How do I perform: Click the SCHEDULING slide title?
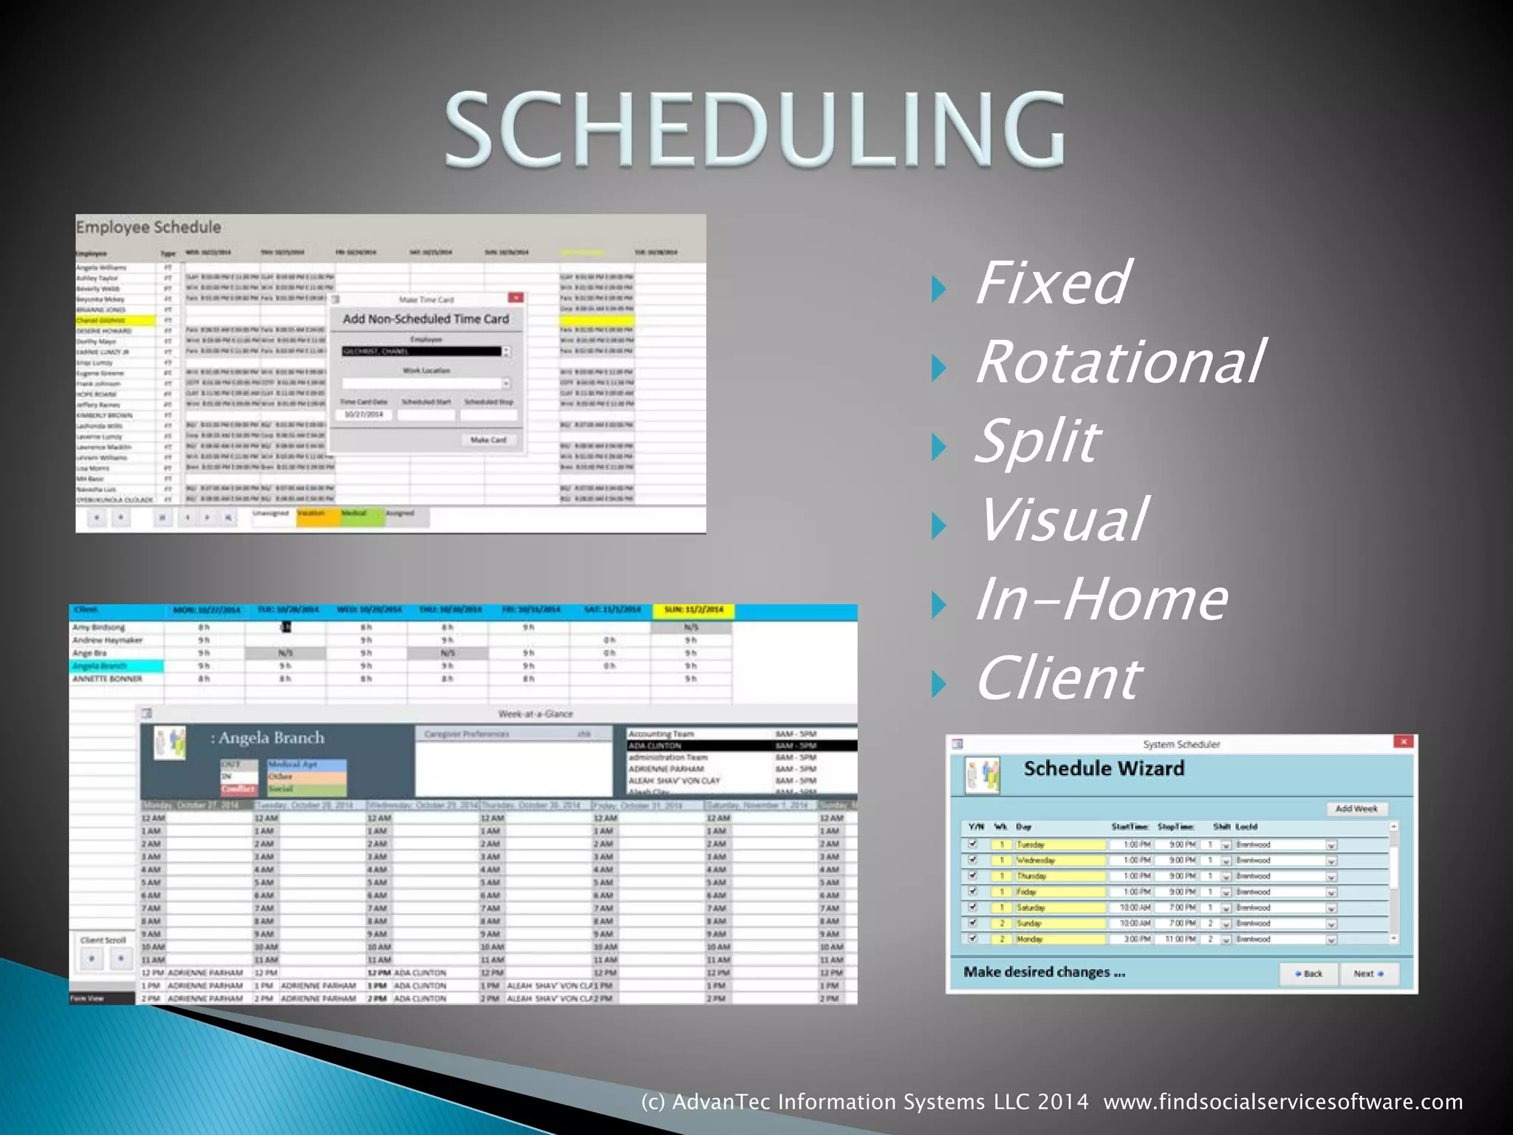pos(755,129)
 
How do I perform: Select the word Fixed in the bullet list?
pos(1051,283)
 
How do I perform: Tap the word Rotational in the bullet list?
pos(1119,362)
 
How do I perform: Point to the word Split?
pos(1037,441)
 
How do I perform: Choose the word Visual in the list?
pos(1062,520)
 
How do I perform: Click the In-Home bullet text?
pos(1101,599)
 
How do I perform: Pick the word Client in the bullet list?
pos(1058,678)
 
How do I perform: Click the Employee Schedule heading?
pos(148,227)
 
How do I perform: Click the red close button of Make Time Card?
pos(516,298)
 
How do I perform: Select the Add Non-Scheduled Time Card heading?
pos(426,319)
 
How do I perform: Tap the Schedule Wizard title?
pos(1104,769)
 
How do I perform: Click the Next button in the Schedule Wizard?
pos(1367,974)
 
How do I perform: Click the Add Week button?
pos(1356,809)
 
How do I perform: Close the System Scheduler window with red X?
pos(1403,742)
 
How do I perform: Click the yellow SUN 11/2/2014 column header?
pos(693,610)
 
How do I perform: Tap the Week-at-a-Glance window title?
pos(536,714)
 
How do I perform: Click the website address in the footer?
pos(1283,1102)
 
